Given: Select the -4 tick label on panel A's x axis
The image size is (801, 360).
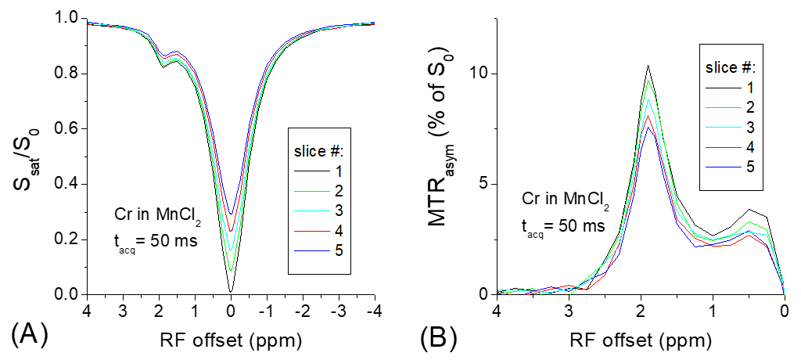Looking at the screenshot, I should pyautogui.click(x=373, y=311).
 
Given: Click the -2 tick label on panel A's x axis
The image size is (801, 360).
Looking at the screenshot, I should pyautogui.click(x=301, y=311).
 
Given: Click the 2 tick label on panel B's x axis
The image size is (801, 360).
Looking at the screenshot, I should pyautogui.click(x=641, y=311).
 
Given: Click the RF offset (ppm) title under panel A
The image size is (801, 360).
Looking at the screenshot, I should pyautogui.click(x=231, y=341).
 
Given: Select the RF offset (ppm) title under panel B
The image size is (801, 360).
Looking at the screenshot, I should pyautogui.click(x=641, y=341).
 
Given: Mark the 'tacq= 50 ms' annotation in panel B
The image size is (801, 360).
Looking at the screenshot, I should pyautogui.click(x=562, y=226).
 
